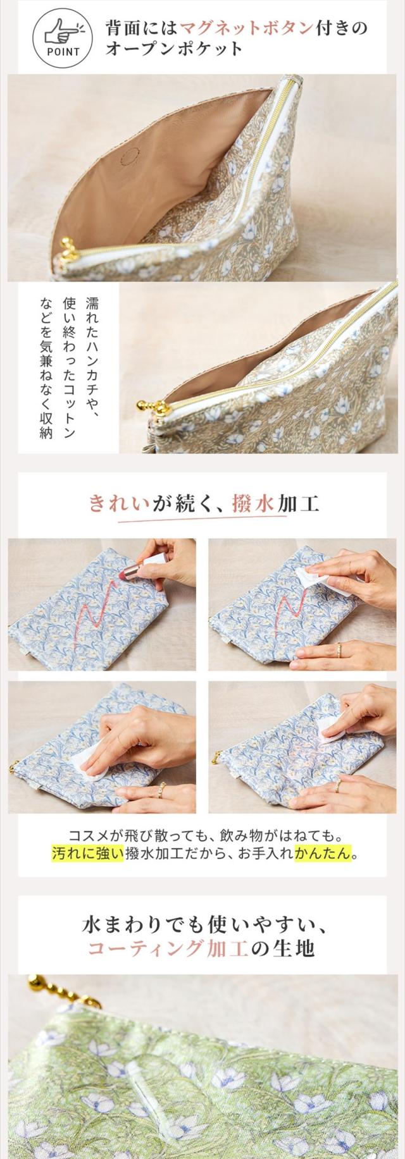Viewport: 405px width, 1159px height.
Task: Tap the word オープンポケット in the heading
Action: (x=175, y=49)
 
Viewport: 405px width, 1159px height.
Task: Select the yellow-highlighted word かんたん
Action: (x=322, y=853)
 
